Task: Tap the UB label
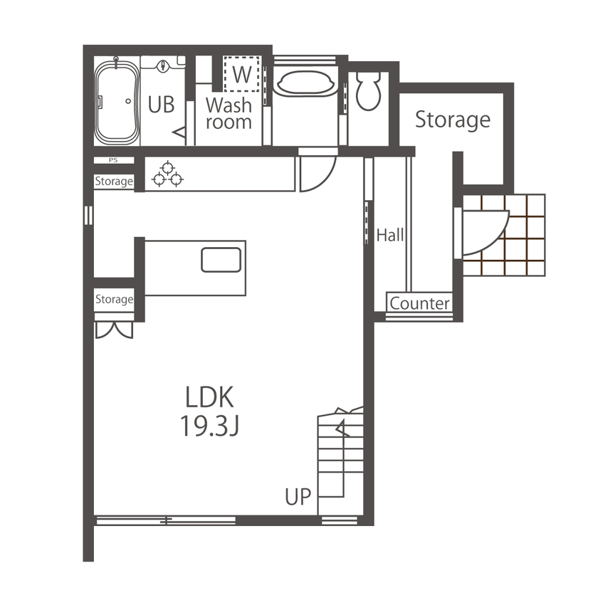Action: coord(162,105)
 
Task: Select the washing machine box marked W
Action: coord(242,73)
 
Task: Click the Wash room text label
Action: coord(229,113)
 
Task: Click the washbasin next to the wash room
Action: coord(305,83)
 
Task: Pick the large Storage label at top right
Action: coord(453,120)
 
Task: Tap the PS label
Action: coord(113,160)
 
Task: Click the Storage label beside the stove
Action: coord(114,182)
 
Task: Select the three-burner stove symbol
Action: coord(167,174)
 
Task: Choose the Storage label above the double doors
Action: coord(114,300)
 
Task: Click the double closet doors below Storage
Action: coord(114,330)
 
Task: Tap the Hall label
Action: coord(390,236)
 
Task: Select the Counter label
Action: coord(420,304)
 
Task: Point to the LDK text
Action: coord(210,397)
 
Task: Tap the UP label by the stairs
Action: coord(299,496)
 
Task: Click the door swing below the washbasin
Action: coord(316,174)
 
